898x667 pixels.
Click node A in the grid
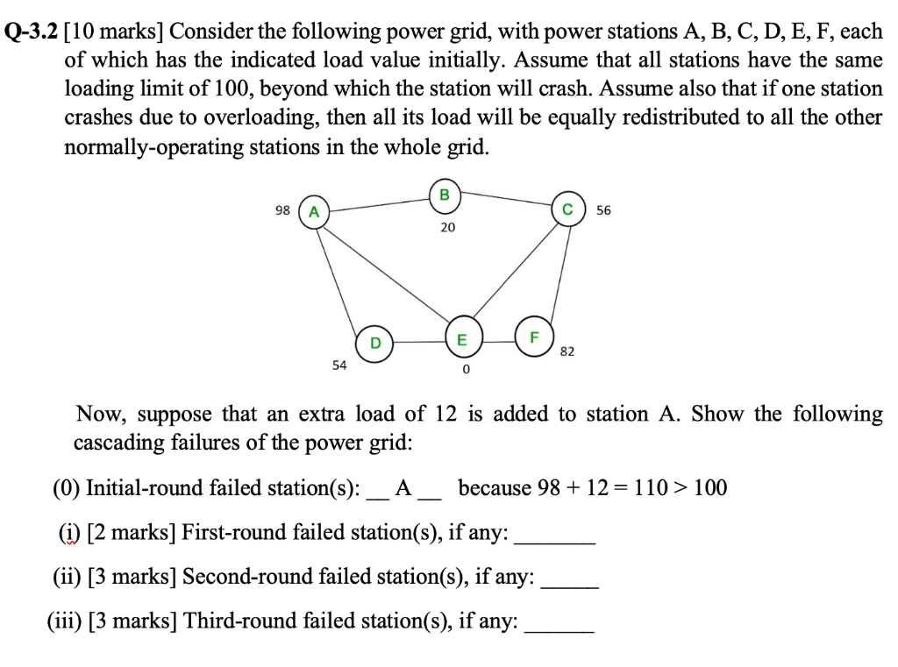pyautogui.click(x=315, y=211)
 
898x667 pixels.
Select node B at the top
pyautogui.click(x=444, y=195)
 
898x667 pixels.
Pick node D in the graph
pyautogui.click(x=374, y=342)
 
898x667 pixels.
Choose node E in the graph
pyautogui.click(x=461, y=340)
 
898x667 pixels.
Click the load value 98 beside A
pyautogui.click(x=282, y=210)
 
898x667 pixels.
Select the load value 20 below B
pyautogui.click(x=447, y=228)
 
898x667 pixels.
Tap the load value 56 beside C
pyautogui.click(x=604, y=210)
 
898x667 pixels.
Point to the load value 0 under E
pyautogui.click(x=466, y=370)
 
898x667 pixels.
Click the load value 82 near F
pyautogui.click(x=567, y=351)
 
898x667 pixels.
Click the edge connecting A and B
pyautogui.click(x=379, y=203)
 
